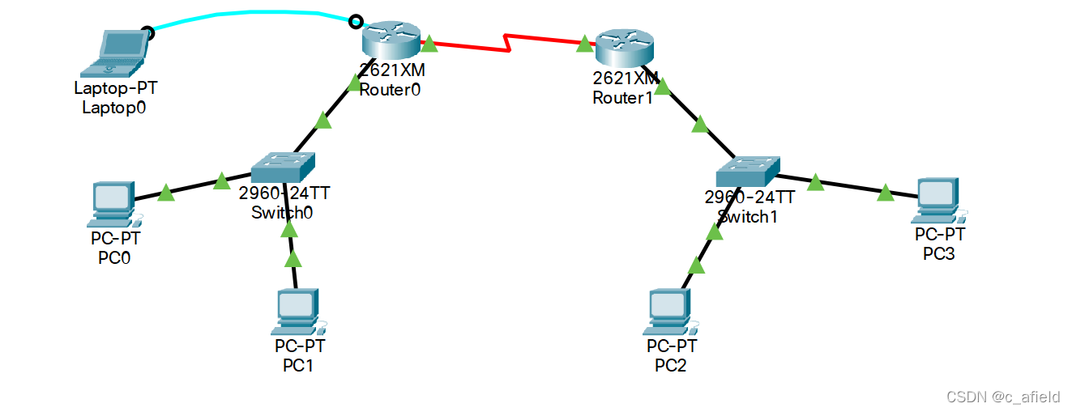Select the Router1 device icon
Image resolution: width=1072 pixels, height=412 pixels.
pyautogui.click(x=623, y=49)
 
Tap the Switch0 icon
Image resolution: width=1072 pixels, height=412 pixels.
pyautogui.click(x=281, y=168)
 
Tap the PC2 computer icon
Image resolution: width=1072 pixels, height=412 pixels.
pyautogui.click(x=670, y=312)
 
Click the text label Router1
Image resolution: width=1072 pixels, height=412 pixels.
pyautogui.click(x=622, y=98)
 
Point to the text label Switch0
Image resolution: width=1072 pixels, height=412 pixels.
pyautogui.click(x=282, y=213)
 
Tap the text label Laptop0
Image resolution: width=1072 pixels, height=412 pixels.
pyautogui.click(x=114, y=107)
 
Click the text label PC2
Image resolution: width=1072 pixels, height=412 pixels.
pyautogui.click(x=670, y=365)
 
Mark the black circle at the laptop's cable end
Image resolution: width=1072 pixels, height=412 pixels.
pyautogui.click(x=147, y=32)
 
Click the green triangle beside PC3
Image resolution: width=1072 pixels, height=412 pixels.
pyautogui.click(x=886, y=192)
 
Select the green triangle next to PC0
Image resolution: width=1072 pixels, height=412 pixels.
pyautogui.click(x=165, y=192)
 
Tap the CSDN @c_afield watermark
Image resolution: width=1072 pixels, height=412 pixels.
pyautogui.click(x=1002, y=397)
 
